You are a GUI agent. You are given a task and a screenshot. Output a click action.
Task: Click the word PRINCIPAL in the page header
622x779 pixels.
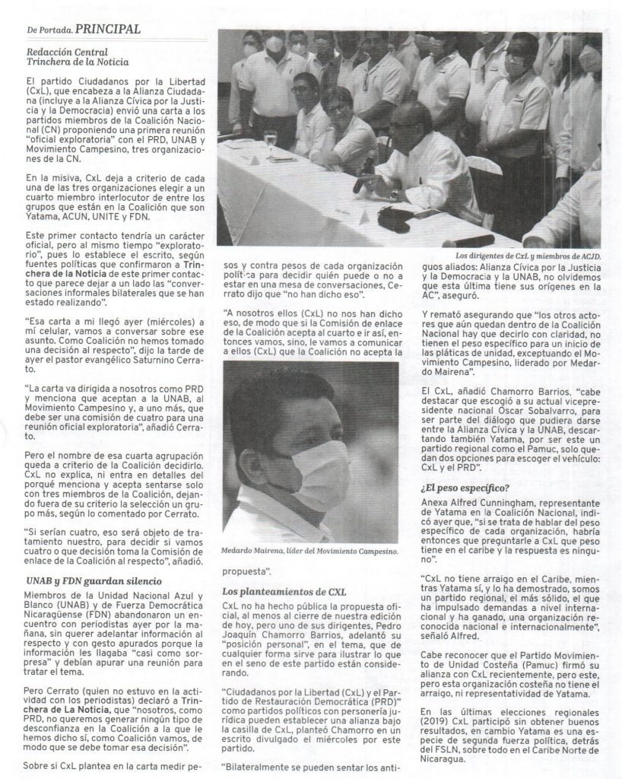coord(108,29)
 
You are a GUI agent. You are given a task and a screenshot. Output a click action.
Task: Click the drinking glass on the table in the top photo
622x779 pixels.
coord(270,140)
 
